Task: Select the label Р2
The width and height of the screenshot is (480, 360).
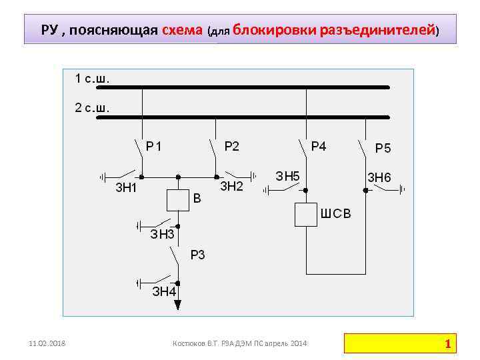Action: [x=231, y=145]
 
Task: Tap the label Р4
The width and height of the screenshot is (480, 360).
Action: [x=319, y=145]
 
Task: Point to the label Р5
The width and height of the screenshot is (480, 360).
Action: [x=383, y=148]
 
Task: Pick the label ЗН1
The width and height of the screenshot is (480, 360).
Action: [x=126, y=187]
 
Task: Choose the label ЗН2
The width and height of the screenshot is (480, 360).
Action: [x=231, y=186]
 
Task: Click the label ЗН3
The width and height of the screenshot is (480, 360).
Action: [x=162, y=234]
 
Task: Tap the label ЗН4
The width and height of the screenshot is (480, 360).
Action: [x=164, y=291]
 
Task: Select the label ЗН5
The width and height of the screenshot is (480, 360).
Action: [x=287, y=176]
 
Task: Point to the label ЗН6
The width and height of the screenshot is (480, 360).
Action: [x=379, y=177]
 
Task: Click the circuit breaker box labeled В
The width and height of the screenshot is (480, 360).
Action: [x=177, y=200]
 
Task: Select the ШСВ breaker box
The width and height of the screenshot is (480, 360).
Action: [x=305, y=215]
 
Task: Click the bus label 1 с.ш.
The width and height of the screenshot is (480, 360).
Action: [x=92, y=79]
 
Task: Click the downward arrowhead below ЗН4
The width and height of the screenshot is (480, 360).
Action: [x=177, y=305]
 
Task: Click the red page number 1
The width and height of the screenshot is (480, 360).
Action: [x=448, y=344]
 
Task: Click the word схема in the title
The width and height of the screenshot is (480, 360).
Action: [x=183, y=30]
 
